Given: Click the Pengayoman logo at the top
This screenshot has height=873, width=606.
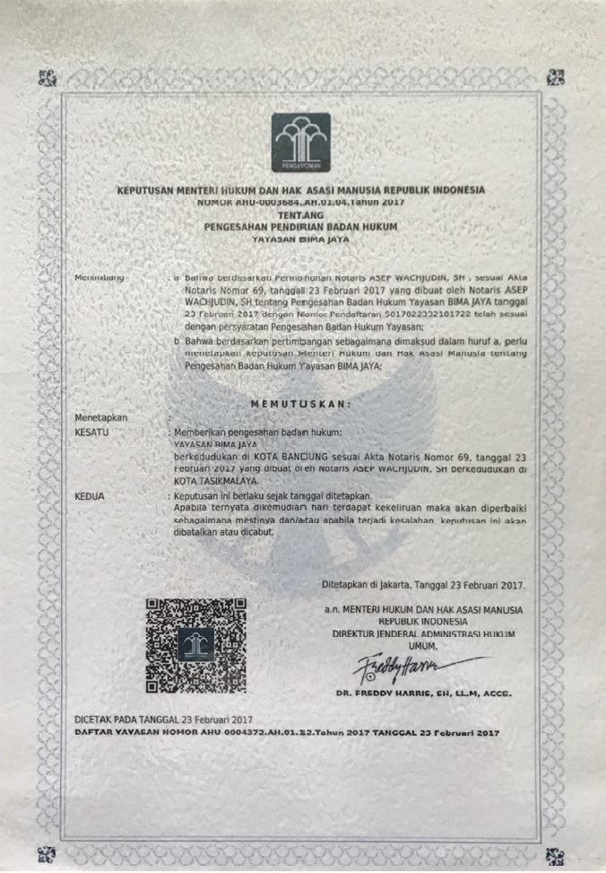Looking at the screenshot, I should (x=301, y=143).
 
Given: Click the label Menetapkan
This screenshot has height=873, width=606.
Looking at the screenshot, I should (x=101, y=417).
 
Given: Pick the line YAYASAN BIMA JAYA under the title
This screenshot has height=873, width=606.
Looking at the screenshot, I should (x=300, y=240).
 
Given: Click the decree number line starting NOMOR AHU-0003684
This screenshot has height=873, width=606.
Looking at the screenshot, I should (x=300, y=204).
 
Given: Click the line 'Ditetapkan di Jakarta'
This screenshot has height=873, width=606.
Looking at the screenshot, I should (x=423, y=584).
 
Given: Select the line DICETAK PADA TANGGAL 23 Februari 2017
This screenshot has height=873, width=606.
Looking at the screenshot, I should (x=164, y=720).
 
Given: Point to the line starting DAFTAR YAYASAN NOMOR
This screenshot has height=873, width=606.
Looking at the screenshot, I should (x=286, y=732).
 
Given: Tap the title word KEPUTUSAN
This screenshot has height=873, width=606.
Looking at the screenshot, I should (x=150, y=191).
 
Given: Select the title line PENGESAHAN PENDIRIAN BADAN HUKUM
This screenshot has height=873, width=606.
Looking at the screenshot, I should (x=300, y=228).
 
